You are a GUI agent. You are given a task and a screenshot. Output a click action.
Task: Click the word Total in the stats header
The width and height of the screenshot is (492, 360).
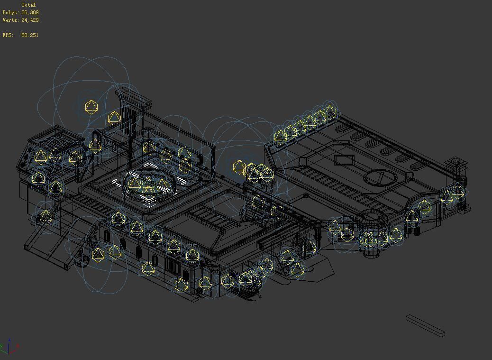pos(28,5)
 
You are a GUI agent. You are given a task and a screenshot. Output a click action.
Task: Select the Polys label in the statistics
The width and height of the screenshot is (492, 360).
pos(10,12)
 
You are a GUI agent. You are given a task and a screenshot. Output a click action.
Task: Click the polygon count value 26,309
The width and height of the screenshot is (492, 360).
pos(30,12)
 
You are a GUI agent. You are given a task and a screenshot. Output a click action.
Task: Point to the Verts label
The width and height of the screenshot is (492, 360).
pos(10,20)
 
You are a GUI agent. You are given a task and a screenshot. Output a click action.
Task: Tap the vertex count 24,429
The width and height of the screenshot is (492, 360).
pos(30,20)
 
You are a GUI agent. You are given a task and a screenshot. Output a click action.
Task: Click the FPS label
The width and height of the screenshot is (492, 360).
pos(7,35)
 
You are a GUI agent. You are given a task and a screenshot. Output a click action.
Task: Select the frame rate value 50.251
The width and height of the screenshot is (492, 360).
pos(30,35)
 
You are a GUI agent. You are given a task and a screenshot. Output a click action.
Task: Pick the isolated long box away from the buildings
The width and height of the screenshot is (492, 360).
pos(425,325)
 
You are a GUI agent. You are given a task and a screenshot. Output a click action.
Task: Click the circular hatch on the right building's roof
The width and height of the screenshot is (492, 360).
pos(381,178)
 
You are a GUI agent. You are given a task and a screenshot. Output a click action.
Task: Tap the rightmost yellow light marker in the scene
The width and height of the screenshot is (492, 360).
pos(458,192)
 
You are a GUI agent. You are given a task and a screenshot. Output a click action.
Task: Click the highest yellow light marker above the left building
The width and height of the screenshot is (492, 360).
pos(91,107)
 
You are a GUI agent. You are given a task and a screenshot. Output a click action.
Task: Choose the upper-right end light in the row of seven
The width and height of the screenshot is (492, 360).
pos(330,111)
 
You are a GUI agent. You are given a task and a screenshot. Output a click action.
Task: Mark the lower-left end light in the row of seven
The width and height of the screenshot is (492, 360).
pos(281,136)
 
